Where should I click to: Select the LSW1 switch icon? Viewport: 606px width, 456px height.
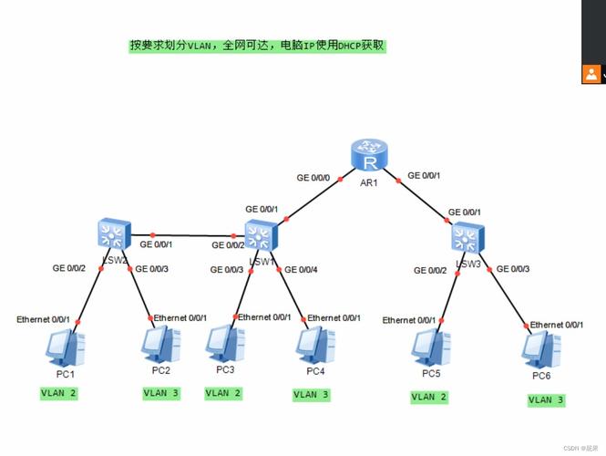click(x=262, y=236)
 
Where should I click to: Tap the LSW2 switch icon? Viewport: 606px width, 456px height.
click(x=114, y=235)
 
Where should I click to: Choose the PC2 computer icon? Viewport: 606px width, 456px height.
click(x=161, y=346)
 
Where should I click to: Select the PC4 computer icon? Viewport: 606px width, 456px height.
click(x=314, y=346)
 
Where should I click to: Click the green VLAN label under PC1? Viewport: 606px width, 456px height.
click(x=59, y=393)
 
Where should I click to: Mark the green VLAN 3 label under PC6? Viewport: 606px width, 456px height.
click(x=547, y=399)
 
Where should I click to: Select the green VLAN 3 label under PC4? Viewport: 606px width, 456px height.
click(x=311, y=395)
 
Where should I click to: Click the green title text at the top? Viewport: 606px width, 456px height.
click(x=258, y=45)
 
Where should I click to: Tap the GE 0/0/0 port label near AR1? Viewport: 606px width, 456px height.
click(x=315, y=177)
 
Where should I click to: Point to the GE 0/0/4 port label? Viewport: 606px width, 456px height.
click(x=301, y=269)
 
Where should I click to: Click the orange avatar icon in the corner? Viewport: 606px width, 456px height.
click(x=591, y=74)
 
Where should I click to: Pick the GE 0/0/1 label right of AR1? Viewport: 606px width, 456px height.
click(x=424, y=175)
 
